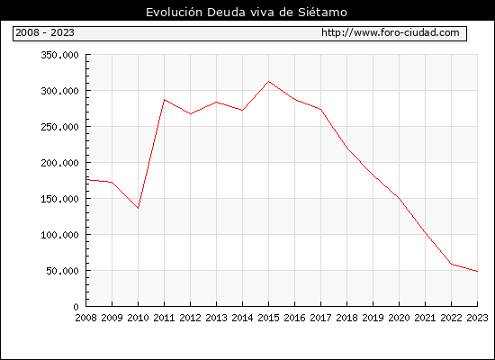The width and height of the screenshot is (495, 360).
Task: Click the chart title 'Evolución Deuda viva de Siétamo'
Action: coord(247,12)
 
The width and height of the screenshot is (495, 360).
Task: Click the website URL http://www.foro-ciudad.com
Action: coord(391,32)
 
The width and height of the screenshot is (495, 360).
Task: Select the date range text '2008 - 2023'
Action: coord(45,32)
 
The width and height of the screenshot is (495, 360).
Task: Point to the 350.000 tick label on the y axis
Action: coord(59,55)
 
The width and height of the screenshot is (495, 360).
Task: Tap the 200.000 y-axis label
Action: coord(59,163)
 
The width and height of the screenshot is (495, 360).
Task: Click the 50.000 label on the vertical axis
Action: coord(62,271)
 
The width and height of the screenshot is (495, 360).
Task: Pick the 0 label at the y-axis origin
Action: coord(76,307)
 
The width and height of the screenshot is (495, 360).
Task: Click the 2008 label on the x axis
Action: coord(85,318)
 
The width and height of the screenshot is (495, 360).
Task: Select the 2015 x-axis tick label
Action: coord(269,318)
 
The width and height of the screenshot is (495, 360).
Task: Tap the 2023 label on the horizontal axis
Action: coord(477,318)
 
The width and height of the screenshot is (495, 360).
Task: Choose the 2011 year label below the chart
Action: coord(164,318)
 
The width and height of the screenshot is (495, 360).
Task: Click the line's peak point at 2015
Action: coord(269,82)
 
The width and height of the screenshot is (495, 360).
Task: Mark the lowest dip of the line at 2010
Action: coord(138,208)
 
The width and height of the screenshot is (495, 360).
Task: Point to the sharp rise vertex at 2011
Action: coord(164,100)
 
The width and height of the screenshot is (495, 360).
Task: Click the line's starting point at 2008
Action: coord(86,180)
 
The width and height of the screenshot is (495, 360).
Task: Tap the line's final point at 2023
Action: coord(477,271)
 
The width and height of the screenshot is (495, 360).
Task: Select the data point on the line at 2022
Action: coord(452,265)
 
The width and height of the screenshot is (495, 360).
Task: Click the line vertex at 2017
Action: coord(320,110)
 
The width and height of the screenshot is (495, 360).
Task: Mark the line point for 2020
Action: coord(399,198)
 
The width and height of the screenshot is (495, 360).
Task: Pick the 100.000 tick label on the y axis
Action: coord(59,235)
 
